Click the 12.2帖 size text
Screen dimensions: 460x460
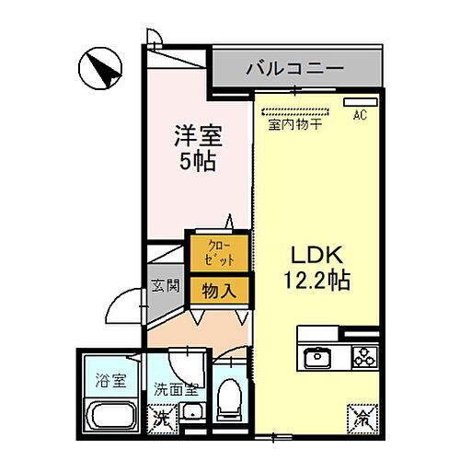316,281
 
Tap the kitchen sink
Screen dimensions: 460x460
316,356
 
